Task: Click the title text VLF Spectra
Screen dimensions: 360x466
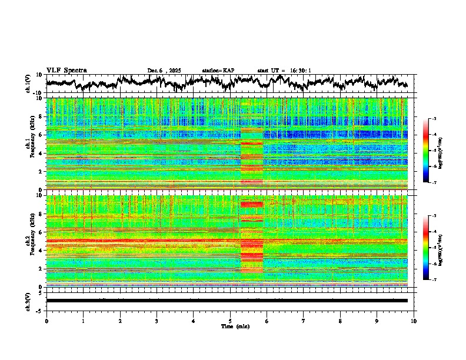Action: tap(66, 71)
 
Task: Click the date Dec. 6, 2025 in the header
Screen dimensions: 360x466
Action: tap(164, 71)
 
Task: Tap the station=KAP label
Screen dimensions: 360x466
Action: tap(218, 71)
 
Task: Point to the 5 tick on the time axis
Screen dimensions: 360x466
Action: tap(230, 321)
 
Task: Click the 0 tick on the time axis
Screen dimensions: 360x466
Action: tap(46, 321)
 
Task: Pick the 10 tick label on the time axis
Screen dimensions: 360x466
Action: tap(414, 321)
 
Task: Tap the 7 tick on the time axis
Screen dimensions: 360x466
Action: tap(304, 321)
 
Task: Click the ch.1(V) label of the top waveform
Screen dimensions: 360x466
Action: tap(29, 84)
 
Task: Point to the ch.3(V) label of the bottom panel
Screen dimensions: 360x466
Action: tap(29, 301)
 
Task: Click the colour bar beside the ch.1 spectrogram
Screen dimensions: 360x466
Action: tap(425, 151)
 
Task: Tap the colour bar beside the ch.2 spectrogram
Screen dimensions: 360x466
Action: tap(425, 248)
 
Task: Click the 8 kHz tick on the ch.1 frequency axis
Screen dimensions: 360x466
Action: tap(41, 116)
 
